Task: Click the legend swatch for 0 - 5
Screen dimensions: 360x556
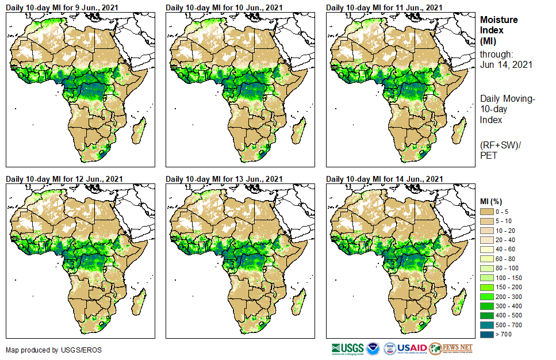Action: coord(487,212)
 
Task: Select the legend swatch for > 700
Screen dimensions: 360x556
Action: coord(487,334)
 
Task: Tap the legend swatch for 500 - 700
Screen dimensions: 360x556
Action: coord(487,324)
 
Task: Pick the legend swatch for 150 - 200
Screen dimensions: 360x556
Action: coord(487,287)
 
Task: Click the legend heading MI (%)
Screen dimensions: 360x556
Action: coord(493,201)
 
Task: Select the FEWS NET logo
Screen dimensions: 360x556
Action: coord(451,348)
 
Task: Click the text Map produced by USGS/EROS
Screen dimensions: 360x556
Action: coord(46,350)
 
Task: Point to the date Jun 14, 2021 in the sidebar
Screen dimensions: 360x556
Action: coord(506,65)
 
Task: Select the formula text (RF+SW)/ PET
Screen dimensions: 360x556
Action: coord(499,150)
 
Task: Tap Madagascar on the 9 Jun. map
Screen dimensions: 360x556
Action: coord(137,132)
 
